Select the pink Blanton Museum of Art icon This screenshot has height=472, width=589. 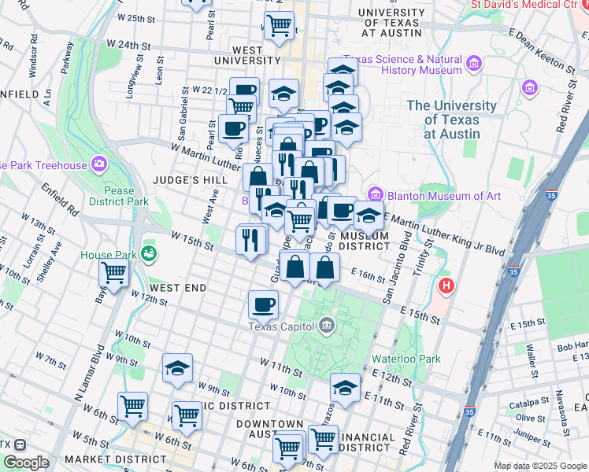tap(375, 194)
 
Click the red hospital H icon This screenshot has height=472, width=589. tap(447, 285)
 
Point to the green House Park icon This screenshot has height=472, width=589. tap(148, 254)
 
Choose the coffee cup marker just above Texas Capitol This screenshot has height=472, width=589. tap(263, 304)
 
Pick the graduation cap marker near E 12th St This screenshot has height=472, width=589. tap(345, 387)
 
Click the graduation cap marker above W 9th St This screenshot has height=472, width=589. tap(177, 367)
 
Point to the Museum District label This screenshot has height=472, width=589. tap(365, 241)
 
